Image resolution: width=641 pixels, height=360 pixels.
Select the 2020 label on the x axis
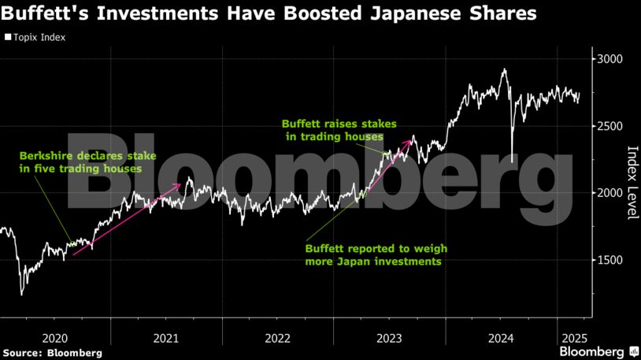(55, 338)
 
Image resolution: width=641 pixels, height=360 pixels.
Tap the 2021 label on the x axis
(166, 338)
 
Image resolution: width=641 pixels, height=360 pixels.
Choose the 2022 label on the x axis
(277, 338)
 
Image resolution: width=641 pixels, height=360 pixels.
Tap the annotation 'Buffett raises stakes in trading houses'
(339, 130)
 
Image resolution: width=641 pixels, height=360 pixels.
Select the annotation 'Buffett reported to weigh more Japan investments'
(372, 254)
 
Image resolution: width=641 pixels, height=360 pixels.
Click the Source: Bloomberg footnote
(52, 352)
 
